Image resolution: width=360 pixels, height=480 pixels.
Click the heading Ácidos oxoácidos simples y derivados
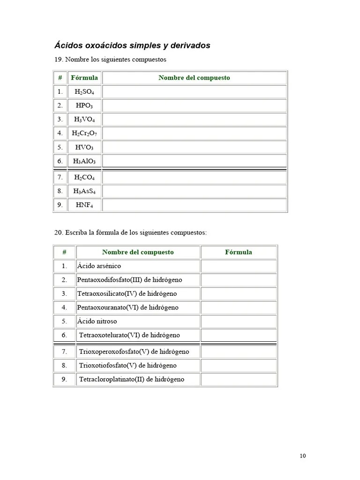(x=132, y=45)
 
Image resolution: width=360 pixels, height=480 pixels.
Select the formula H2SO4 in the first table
(x=84, y=92)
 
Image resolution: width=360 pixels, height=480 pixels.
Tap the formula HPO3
(x=84, y=106)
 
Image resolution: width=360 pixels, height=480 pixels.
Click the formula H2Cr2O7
(x=84, y=134)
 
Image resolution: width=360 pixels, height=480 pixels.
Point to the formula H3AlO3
(x=84, y=161)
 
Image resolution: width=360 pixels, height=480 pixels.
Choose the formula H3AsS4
(x=84, y=191)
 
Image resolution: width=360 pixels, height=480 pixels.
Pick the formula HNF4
(x=84, y=205)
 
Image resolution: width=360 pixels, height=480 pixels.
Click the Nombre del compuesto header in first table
(x=194, y=78)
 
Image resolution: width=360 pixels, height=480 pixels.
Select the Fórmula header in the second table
(x=238, y=252)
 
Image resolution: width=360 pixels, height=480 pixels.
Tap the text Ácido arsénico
(x=99, y=266)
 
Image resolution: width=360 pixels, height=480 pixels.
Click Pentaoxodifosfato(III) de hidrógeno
(x=129, y=280)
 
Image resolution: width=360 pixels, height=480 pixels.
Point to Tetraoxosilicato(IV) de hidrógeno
(x=127, y=294)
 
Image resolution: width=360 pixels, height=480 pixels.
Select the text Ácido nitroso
(x=97, y=322)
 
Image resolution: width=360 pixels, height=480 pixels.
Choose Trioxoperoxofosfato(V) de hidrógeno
(x=134, y=352)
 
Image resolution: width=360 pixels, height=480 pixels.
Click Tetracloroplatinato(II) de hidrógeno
(x=132, y=379)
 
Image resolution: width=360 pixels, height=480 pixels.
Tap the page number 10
(x=302, y=456)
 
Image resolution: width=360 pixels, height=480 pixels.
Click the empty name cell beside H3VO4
(x=194, y=120)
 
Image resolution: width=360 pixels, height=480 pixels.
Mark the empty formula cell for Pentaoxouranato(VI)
(x=238, y=307)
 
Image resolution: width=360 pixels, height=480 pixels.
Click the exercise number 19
(x=59, y=60)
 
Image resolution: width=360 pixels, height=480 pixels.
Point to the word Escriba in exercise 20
(x=76, y=232)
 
